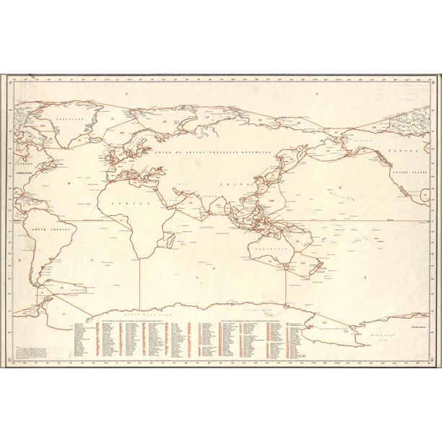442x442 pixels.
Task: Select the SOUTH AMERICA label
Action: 44,231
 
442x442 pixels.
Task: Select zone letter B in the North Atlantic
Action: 69,183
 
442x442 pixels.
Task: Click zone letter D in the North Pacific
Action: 339,188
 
